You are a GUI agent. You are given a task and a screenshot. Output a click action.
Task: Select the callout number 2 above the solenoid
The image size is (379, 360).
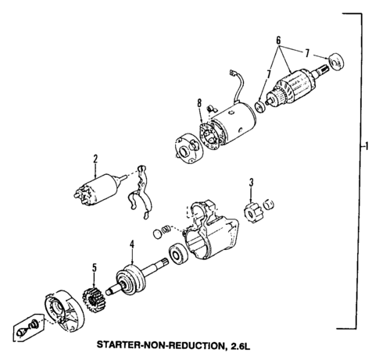pos(95,161)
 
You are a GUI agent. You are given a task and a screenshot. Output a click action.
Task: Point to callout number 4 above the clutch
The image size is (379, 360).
pos(132,244)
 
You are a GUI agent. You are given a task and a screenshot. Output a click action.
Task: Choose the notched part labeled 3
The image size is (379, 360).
pos(251,212)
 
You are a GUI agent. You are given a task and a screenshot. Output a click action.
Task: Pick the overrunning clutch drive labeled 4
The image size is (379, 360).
pos(130,280)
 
